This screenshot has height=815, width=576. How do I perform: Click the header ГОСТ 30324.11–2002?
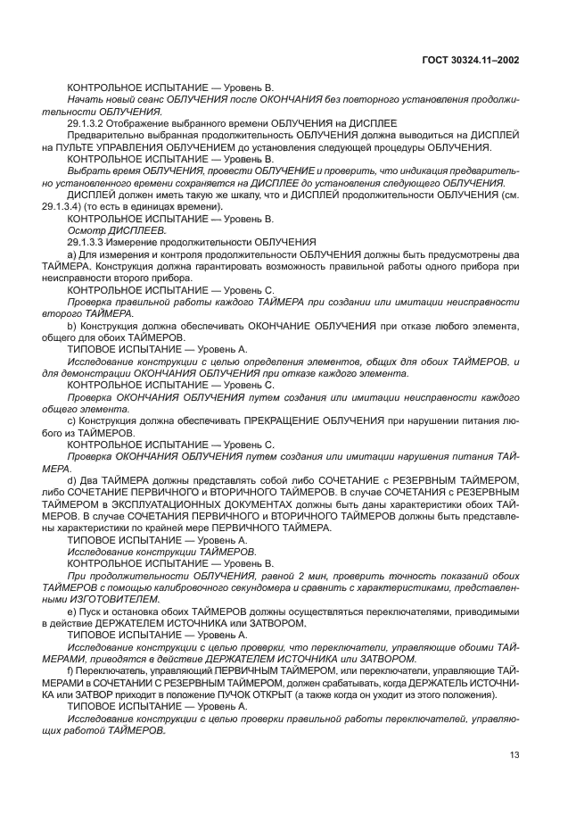point(470,60)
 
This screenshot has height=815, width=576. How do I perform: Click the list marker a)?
point(72,254)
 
